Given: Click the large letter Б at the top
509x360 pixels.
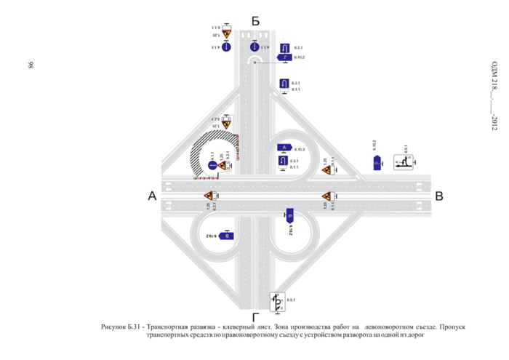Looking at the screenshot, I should click(254, 21).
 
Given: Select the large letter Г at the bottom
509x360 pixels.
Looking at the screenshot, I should click(255, 317).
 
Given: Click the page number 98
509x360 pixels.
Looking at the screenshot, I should click(31, 65).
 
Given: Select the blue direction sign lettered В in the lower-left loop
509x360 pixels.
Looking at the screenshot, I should click(226, 236).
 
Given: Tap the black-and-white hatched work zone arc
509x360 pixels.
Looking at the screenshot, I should click(198, 154).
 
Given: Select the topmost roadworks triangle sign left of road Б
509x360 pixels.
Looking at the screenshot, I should click(226, 33).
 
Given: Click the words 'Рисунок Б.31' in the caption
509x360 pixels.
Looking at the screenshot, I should click(125, 328).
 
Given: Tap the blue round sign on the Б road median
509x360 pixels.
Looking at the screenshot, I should click(254, 47).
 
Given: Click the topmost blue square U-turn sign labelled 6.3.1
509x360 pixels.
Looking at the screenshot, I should click(285, 47).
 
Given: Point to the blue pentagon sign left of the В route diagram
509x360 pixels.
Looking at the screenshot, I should click(377, 164).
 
